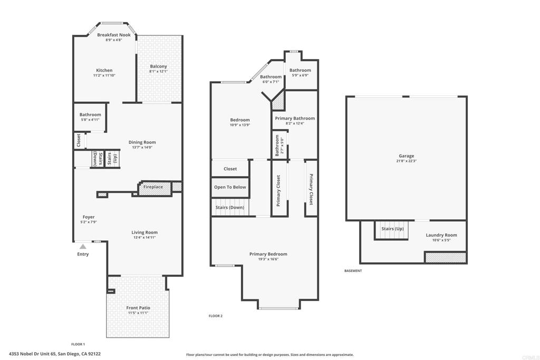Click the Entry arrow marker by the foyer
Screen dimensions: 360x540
pos(83,246)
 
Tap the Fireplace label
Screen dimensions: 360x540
pos(153,187)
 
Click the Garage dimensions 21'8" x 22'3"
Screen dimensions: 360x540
pos(406,161)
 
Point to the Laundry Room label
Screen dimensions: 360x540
pos(441,235)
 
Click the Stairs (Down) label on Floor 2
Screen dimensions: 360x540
pos(229,208)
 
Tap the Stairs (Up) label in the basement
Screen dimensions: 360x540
pos(392,229)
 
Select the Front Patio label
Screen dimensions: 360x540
pos(138,308)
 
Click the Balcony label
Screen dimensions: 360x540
pos(158,66)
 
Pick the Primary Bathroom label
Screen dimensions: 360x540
pos(295,119)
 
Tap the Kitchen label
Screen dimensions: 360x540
pos(104,70)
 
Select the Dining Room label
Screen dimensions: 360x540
pos(142,142)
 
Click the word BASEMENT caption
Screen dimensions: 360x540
pos(353,271)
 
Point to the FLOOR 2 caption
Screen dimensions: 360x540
pos(216,316)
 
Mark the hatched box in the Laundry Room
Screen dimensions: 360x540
pos(446,258)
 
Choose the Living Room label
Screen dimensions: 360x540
pos(144,232)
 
